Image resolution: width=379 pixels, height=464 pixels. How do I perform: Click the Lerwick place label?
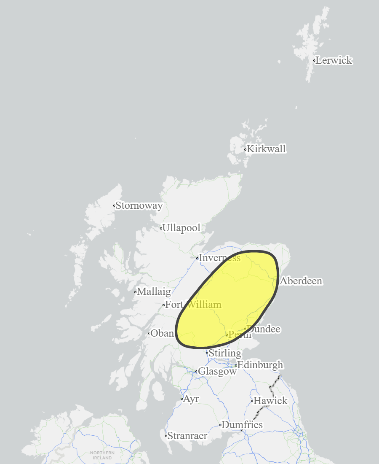(334, 60)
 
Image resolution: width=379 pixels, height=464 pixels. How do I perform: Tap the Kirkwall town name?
(266, 149)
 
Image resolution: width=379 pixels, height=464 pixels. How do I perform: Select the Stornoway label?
(139, 206)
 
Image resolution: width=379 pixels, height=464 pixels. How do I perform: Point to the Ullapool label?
(181, 228)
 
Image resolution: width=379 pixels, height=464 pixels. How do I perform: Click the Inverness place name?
(219, 258)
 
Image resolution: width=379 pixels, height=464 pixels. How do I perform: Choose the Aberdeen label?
(301, 281)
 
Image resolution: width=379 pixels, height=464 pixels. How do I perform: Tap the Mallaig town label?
(154, 291)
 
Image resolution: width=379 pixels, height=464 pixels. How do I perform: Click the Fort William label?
(193, 305)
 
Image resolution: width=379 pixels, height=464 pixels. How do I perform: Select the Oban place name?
(162, 333)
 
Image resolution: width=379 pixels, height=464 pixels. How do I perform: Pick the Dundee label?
(264, 329)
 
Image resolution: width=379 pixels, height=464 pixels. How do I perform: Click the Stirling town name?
(225, 353)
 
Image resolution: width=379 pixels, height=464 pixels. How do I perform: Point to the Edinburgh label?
(260, 365)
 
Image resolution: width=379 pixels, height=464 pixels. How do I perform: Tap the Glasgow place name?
(217, 372)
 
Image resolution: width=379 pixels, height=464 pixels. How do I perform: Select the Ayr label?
(191, 399)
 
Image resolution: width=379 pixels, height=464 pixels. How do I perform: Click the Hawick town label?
(270, 401)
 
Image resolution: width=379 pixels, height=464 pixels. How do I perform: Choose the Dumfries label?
(242, 425)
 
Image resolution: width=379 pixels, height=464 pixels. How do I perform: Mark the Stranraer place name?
(187, 436)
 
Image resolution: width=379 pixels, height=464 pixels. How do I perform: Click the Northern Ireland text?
(102, 455)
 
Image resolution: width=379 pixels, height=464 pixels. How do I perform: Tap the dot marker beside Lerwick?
(314, 61)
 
